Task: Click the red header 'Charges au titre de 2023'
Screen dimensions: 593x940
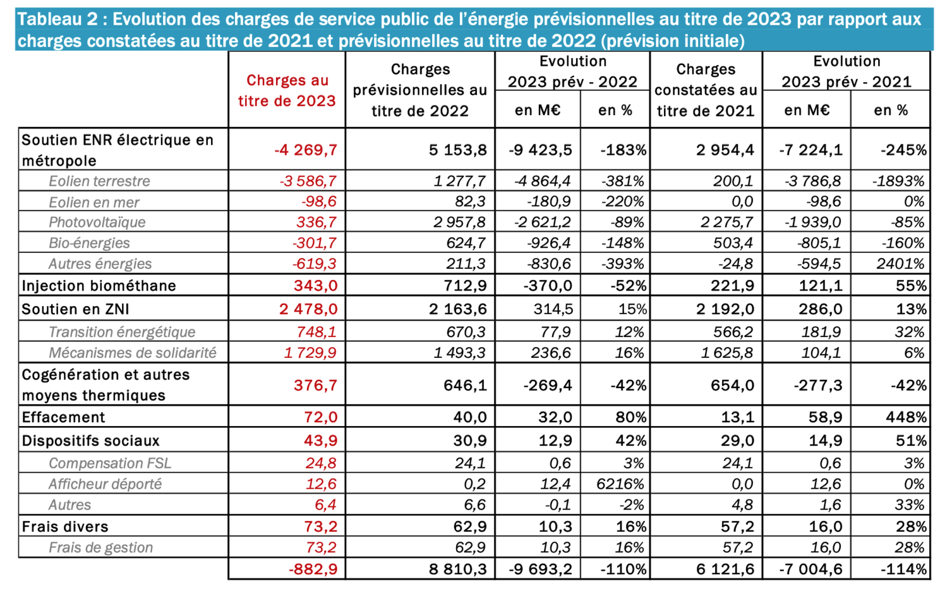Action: (287, 90)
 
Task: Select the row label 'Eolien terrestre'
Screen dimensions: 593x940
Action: (99, 181)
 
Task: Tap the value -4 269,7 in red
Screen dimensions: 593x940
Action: (306, 150)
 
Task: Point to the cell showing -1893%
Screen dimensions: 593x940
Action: (898, 181)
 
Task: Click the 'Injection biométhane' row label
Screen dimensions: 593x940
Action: (99, 286)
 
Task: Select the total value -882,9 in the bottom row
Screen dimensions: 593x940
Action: (313, 569)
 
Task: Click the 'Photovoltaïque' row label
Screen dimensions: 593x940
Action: (97, 223)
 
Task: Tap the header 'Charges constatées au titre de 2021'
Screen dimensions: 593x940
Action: (706, 90)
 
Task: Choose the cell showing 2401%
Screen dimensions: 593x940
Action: (900, 264)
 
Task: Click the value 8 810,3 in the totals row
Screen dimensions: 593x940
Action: (458, 569)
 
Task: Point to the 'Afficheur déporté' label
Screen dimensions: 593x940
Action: (105, 484)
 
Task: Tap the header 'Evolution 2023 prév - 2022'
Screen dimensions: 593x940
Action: (572, 71)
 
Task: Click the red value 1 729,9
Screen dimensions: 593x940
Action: (310, 353)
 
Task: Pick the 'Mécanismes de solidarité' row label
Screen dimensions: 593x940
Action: (132, 353)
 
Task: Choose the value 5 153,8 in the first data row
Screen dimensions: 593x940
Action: (458, 150)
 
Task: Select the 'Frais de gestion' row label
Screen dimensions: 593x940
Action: (100, 548)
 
